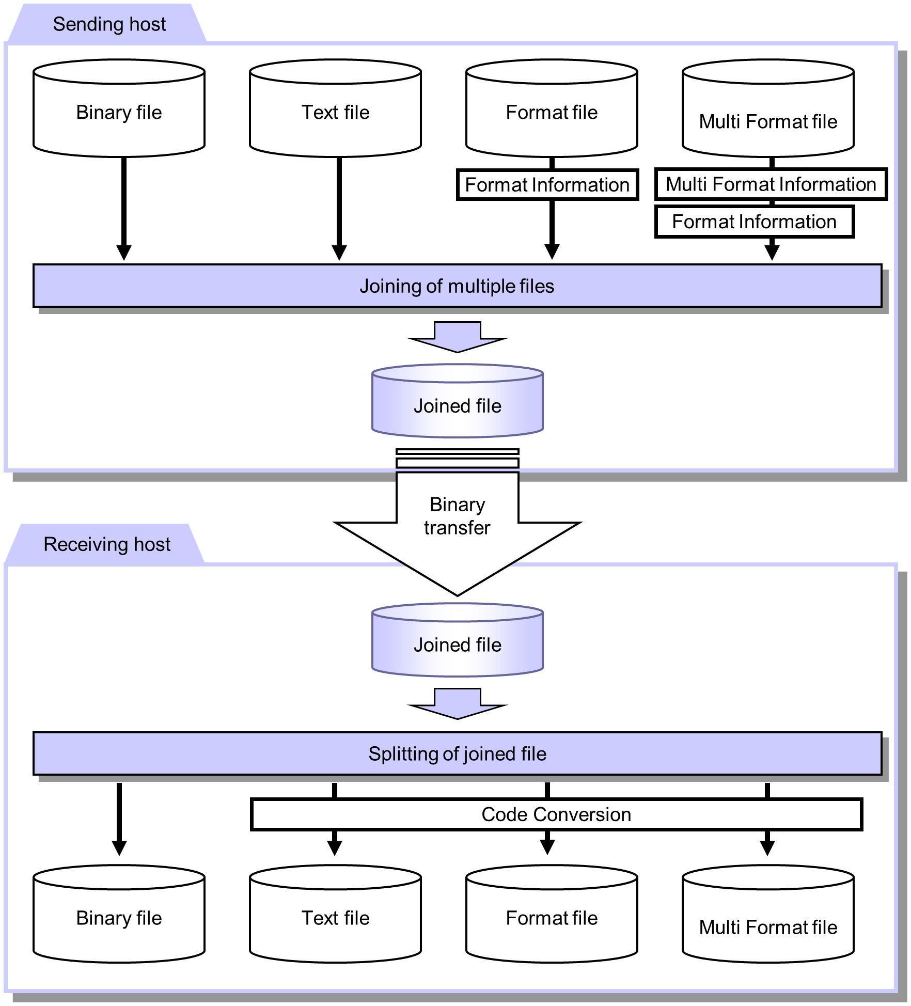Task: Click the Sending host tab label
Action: coord(109,24)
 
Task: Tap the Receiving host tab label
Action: coord(106,544)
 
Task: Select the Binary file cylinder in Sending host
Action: coord(119,112)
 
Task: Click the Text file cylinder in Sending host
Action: coord(335,112)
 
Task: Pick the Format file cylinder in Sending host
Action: coord(552,112)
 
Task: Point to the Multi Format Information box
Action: coord(771,184)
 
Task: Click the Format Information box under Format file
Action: coord(547,185)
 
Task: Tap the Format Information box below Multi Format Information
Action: coord(754,222)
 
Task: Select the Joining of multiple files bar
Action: coord(457,286)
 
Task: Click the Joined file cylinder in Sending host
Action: coord(457,405)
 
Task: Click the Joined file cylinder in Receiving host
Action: coord(457,645)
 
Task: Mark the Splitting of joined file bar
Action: coord(457,754)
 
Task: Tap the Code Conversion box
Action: coord(556,814)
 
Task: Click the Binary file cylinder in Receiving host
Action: coord(119,918)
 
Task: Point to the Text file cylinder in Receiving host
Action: coord(335,918)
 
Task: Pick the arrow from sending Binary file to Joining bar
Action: coord(124,207)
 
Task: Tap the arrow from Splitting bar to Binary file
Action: coord(119,819)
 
